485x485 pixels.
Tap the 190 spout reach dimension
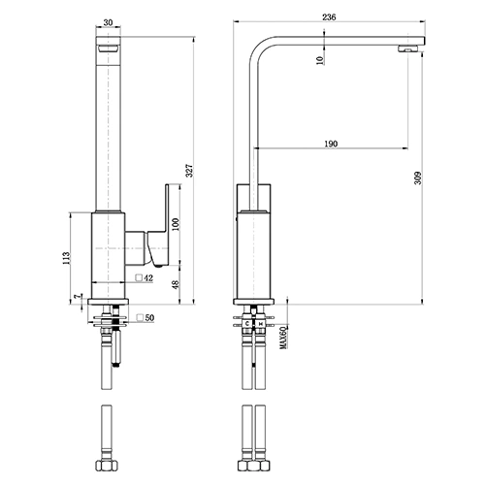331,144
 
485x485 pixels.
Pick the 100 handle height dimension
176,224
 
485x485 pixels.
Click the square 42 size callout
145,278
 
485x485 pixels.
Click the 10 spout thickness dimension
320,61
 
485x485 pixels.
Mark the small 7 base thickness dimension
76,297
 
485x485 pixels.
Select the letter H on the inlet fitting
260,323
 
